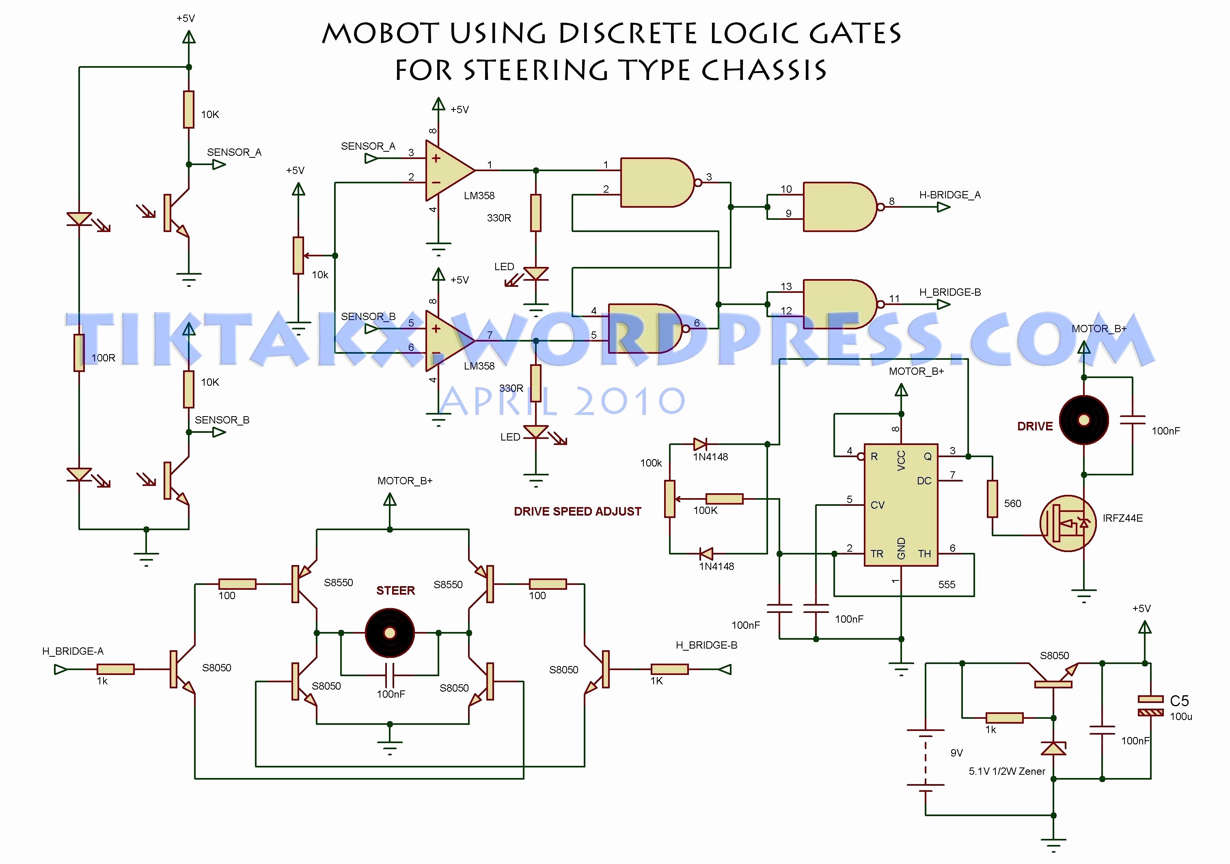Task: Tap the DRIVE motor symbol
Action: point(1084,420)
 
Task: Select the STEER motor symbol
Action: point(389,633)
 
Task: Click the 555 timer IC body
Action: point(901,504)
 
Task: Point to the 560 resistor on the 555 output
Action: point(992,499)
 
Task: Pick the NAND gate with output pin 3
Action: point(657,183)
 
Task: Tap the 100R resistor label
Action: point(103,358)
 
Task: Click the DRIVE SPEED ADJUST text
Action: point(577,511)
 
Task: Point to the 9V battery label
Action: point(956,753)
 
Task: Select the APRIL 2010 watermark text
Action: point(563,401)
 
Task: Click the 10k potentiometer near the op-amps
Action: point(298,255)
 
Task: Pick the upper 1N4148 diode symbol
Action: point(700,444)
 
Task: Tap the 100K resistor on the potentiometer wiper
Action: point(724,499)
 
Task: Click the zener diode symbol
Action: point(1053,748)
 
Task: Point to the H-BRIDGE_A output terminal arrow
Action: point(943,207)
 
